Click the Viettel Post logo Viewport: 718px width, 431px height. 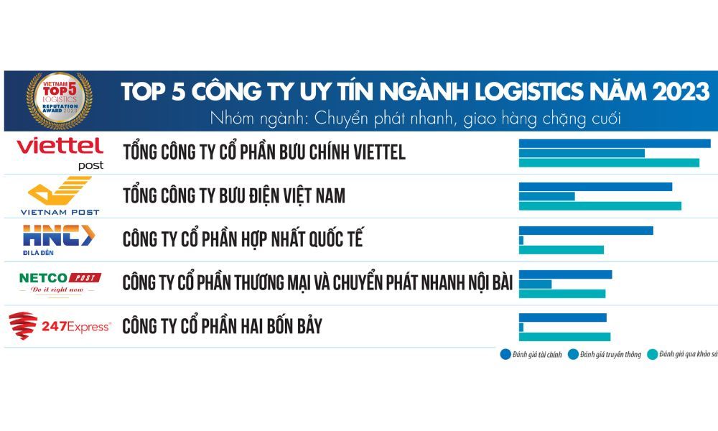60,152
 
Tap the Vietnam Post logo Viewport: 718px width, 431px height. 60,196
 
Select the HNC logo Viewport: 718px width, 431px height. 57,238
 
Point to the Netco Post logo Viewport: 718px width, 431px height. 60,282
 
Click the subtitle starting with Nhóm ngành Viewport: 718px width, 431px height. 415,116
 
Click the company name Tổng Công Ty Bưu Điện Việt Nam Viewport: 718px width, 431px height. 234,195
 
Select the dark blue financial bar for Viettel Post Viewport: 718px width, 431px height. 615,143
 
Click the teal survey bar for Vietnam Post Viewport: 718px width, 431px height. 600,206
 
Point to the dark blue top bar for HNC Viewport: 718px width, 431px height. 586,231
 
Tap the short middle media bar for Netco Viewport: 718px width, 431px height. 535,284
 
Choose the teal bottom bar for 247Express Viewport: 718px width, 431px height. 564,337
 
